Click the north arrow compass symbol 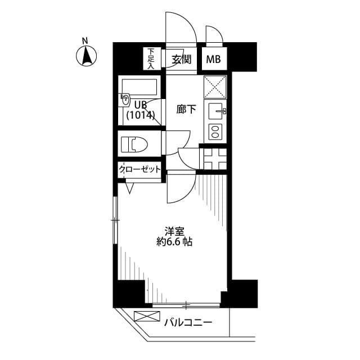[85, 56]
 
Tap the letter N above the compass [85, 40]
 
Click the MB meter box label [213, 59]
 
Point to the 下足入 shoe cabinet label [151, 59]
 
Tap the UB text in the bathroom [139, 104]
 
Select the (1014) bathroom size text [140, 115]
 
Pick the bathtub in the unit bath [139, 87]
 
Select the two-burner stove [215, 132]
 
